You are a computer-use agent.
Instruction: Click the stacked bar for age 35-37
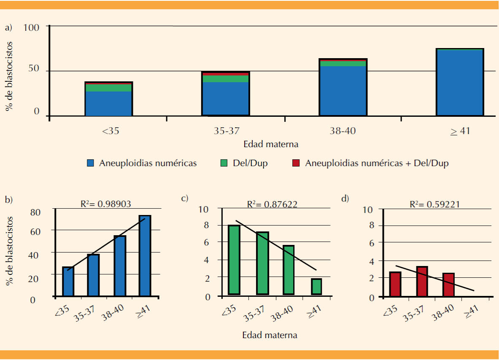[226, 94]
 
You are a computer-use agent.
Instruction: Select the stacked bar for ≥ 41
[460, 82]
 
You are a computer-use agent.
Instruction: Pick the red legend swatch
[297, 164]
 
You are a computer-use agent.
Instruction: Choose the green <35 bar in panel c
[234, 260]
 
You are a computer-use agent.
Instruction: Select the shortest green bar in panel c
[317, 287]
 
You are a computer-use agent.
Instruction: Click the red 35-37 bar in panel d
[422, 282]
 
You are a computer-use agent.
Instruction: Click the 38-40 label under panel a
[343, 131]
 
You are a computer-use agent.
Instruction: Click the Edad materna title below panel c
[270, 336]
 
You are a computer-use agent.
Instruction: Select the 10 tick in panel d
[370, 210]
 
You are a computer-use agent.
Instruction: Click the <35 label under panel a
[111, 131]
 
